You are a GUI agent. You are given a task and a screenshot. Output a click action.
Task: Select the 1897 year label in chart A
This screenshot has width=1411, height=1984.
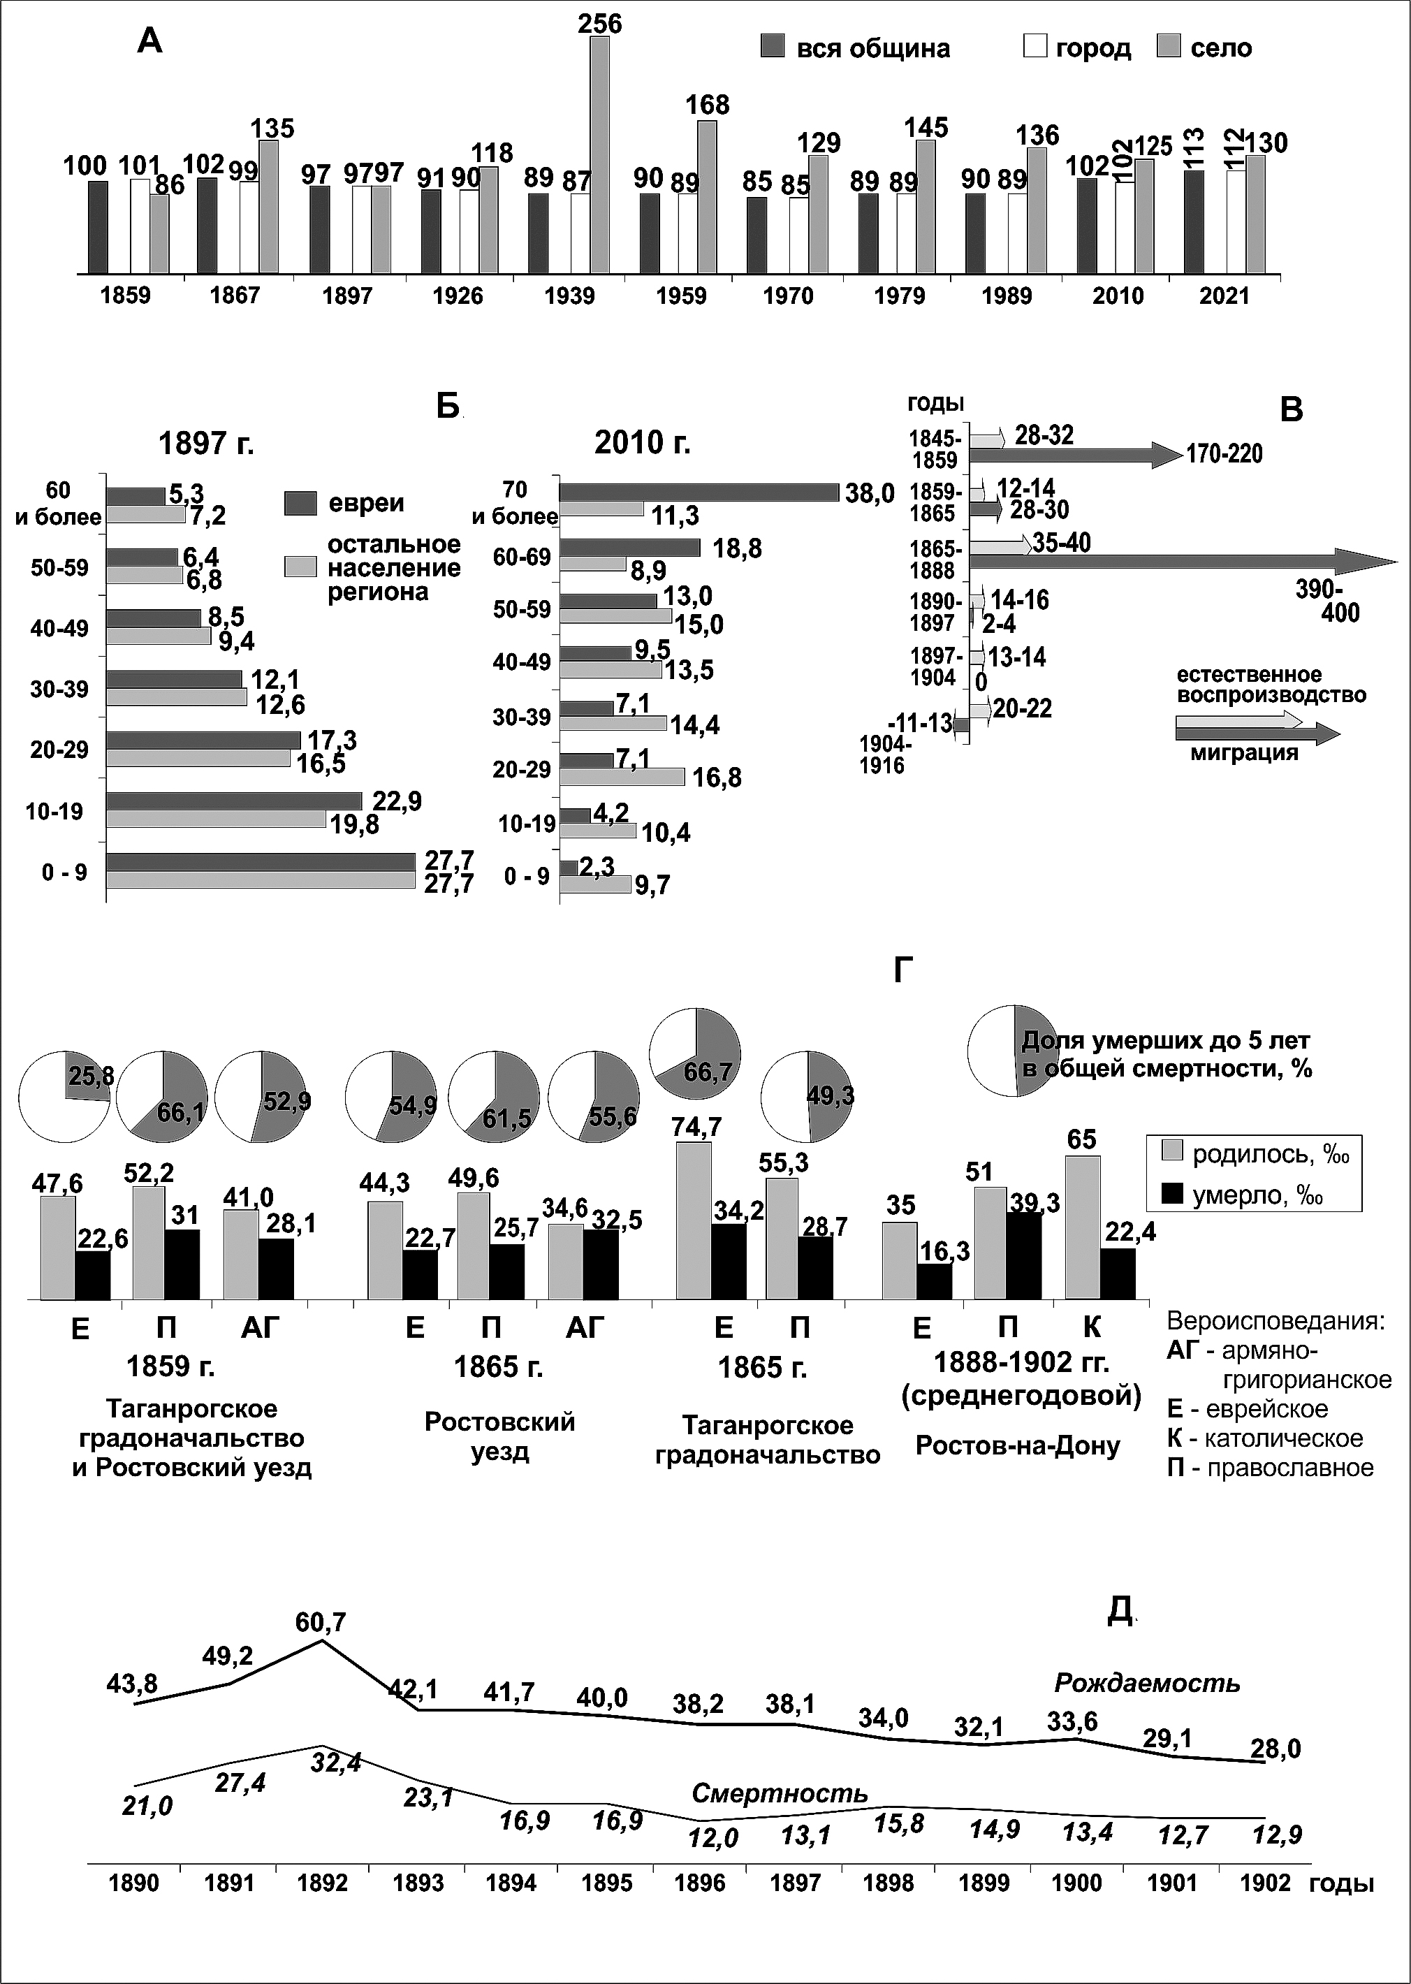pos(346,296)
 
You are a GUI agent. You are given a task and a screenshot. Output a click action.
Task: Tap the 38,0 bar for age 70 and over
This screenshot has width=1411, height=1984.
pos(699,493)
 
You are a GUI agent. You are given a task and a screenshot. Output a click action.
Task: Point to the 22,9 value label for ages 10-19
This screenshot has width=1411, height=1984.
pos(397,801)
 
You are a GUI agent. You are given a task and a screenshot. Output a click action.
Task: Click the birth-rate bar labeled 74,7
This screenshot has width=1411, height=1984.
pos(694,1221)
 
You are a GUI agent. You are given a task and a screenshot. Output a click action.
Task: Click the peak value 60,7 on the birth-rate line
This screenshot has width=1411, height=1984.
pos(321,1623)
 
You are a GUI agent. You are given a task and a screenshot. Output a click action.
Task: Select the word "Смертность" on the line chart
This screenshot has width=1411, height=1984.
pos(780,1793)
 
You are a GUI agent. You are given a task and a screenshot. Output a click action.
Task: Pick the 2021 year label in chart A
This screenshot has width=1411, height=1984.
pos(1224,296)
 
